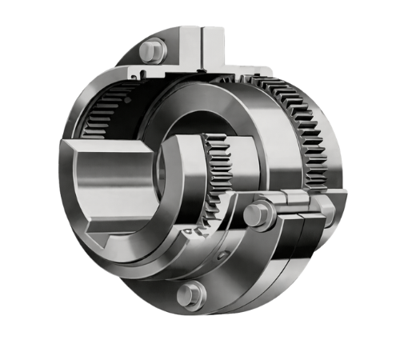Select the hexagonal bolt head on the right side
pos(254,215)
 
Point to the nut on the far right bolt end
pos(324,210)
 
